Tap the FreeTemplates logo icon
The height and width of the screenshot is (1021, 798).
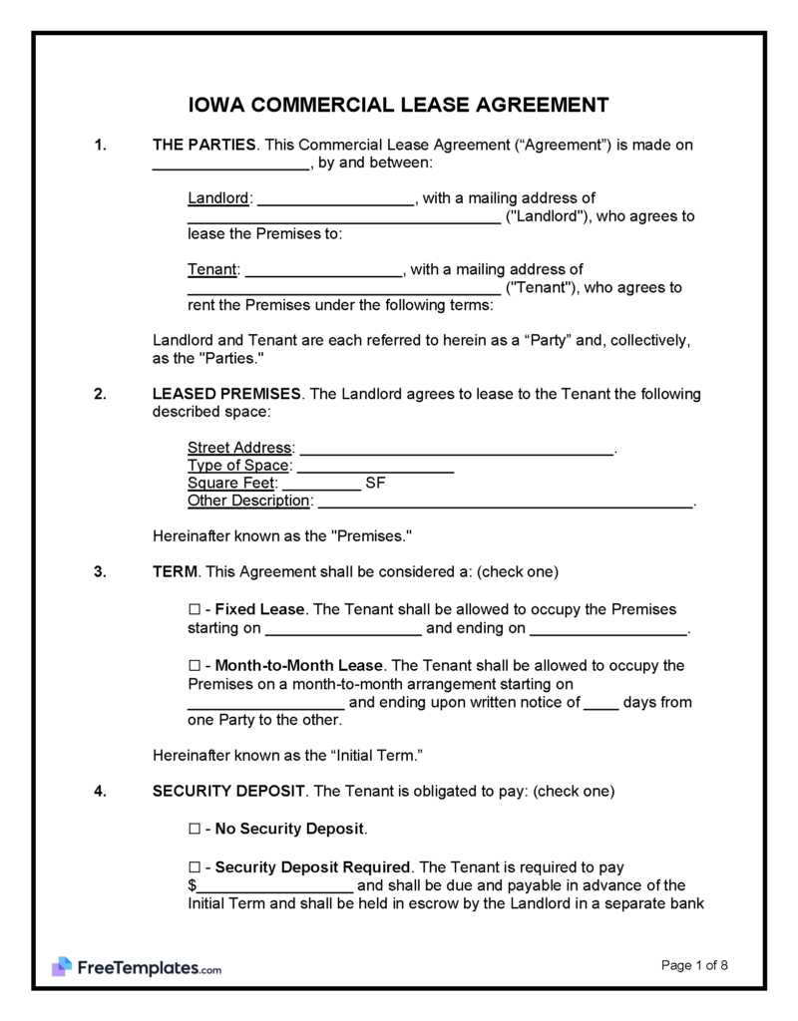[62, 966]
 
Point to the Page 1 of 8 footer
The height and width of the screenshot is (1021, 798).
[695, 964]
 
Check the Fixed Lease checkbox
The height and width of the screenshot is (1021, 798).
[195, 609]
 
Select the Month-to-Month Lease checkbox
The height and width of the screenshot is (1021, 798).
[195, 665]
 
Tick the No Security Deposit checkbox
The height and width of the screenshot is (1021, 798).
[195, 829]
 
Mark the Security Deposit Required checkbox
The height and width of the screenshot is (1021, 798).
[195, 867]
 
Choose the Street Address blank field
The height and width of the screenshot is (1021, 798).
[456, 450]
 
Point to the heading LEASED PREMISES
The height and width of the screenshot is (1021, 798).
[227, 394]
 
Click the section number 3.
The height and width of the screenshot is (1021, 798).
[100, 572]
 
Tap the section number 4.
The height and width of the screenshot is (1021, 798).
[100, 792]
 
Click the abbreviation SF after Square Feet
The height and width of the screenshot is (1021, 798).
[376, 484]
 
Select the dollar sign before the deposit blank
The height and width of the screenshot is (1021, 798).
[192, 886]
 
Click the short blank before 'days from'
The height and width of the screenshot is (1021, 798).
[600, 704]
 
